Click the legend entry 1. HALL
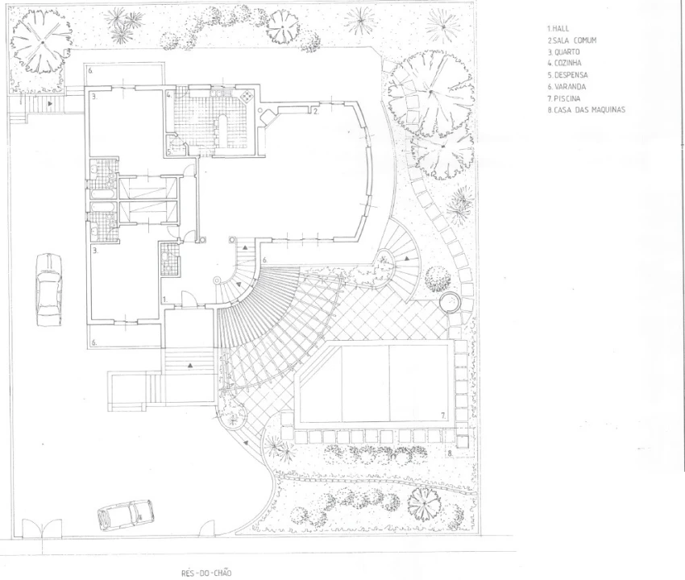pos(558,29)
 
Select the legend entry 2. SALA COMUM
pos(572,40)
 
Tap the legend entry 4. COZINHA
pos(564,63)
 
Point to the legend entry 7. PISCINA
pos(564,98)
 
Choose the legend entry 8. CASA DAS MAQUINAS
pos(586,110)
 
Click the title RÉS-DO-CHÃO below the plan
pos(206,573)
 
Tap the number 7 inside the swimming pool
pos(443,416)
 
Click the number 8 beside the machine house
pos(450,454)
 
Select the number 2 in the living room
pos(315,111)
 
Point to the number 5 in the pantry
pos(170,152)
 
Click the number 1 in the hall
pos(165,299)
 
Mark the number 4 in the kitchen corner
pos(168,94)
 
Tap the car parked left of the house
pos(48,289)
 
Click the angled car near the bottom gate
pos(126,515)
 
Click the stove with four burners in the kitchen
pos(247,96)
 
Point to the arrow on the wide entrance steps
pos(190,365)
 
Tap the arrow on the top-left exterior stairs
pos(50,104)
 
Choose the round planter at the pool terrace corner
pos(450,302)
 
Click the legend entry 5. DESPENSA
pos(567,75)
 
